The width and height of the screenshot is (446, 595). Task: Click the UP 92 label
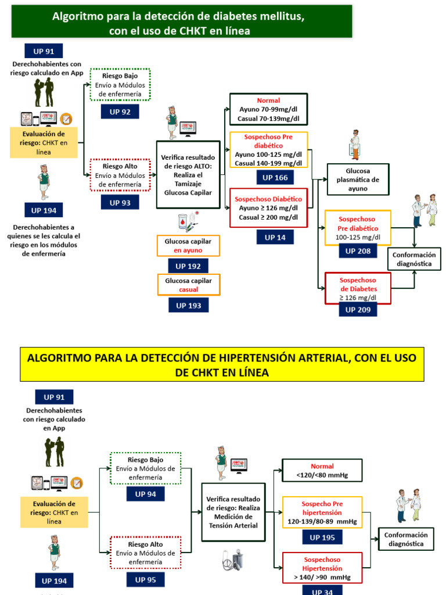click(x=120, y=112)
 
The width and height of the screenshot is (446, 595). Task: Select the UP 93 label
click(x=120, y=202)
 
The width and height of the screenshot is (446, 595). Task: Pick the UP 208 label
click(x=358, y=251)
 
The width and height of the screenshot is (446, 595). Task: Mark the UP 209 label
click(x=358, y=310)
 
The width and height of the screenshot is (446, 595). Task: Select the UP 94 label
click(x=146, y=494)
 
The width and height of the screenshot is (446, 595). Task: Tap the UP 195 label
click(x=322, y=537)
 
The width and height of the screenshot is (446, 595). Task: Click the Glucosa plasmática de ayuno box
click(x=358, y=180)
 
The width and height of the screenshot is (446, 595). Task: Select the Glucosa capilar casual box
click(x=188, y=285)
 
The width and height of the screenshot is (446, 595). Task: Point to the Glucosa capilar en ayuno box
click(x=188, y=246)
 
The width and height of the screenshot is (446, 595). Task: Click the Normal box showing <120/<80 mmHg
click(x=322, y=471)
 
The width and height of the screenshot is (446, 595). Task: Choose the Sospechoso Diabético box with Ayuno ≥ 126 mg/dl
click(x=268, y=207)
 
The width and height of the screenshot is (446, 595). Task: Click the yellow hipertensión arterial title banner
click(x=222, y=365)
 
